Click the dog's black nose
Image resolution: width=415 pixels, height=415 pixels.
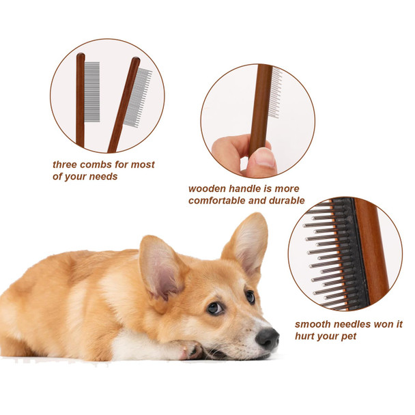click(267, 337)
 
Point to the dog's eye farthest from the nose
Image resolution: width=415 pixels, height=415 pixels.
click(215, 307)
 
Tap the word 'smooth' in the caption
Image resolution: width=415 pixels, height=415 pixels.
click(313, 324)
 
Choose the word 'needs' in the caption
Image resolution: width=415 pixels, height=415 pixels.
click(102, 176)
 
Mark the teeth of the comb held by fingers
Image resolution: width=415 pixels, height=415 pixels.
click(275, 92)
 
